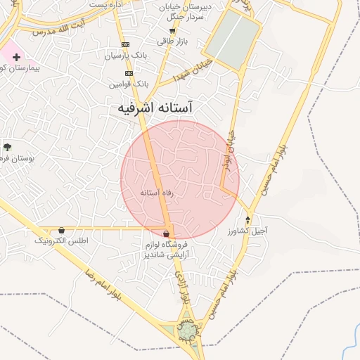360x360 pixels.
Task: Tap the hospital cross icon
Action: point(16,56)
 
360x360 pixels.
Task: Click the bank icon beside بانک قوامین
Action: point(129,73)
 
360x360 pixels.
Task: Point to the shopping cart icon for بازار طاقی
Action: point(172,31)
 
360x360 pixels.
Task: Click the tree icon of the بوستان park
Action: point(7,147)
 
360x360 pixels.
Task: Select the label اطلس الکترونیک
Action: point(62,240)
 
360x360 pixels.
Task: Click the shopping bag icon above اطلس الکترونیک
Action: point(62,230)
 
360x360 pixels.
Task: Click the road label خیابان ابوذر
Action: point(233,141)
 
